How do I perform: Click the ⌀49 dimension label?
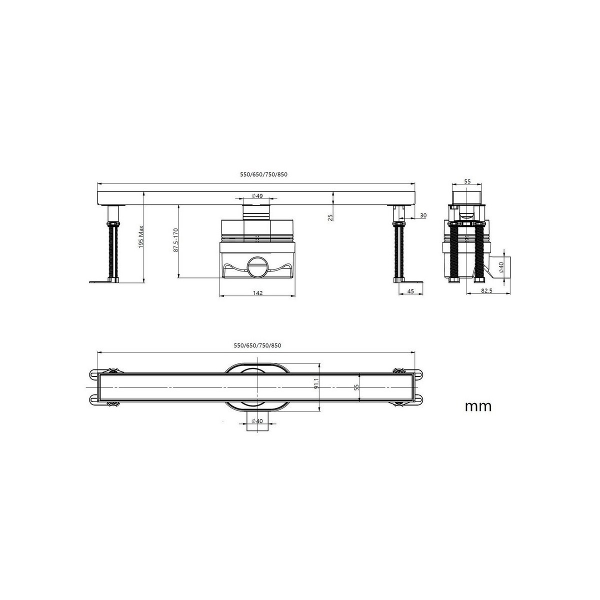(x=257, y=196)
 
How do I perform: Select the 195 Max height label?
(x=141, y=237)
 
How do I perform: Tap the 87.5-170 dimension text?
(x=175, y=240)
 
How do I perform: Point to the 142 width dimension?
(x=258, y=292)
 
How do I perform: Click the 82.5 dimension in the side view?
(x=486, y=290)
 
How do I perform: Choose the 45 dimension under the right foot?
(x=410, y=291)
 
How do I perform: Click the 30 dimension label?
(x=423, y=215)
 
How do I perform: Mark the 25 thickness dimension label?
(x=330, y=217)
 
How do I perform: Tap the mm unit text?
(x=478, y=406)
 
